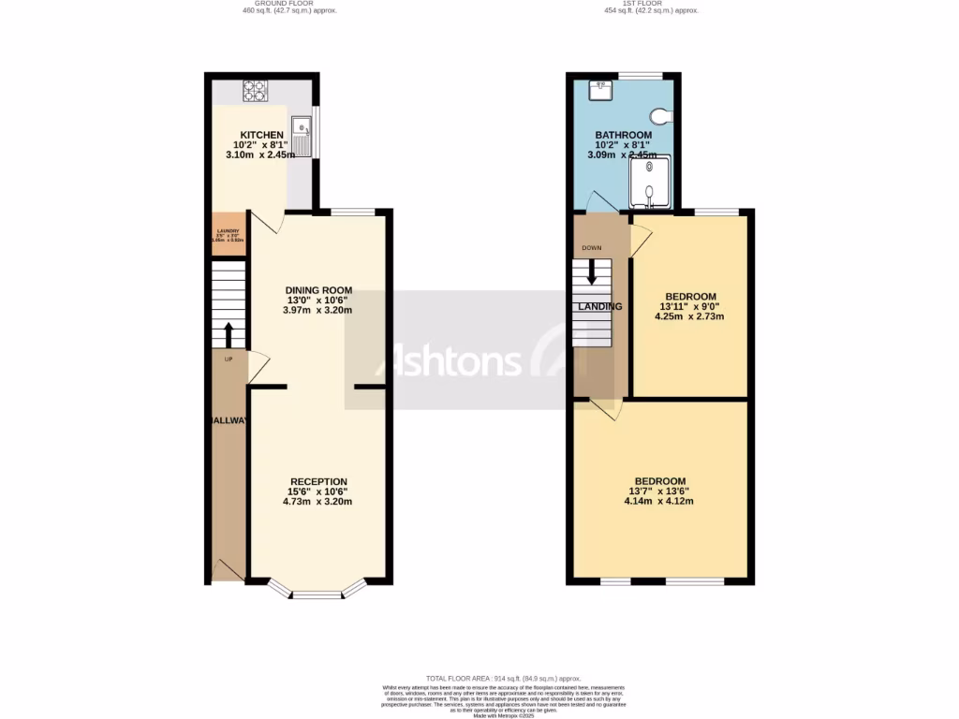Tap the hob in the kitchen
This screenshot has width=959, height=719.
click(x=255, y=91)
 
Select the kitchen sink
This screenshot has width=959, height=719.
click(x=302, y=137)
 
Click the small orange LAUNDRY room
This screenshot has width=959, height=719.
click(x=228, y=234)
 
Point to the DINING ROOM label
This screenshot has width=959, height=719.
click(x=318, y=289)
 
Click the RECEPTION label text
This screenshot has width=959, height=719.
click(x=317, y=482)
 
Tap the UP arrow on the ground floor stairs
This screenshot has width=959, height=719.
click(x=228, y=334)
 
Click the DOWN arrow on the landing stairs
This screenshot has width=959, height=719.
click(x=592, y=271)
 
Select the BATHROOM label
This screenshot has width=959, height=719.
click(x=623, y=135)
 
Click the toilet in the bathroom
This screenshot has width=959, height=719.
click(x=662, y=117)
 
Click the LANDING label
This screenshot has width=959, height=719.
click(x=600, y=307)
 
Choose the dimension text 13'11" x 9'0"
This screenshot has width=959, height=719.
click(x=691, y=307)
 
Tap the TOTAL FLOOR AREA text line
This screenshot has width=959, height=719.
click(x=504, y=678)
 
